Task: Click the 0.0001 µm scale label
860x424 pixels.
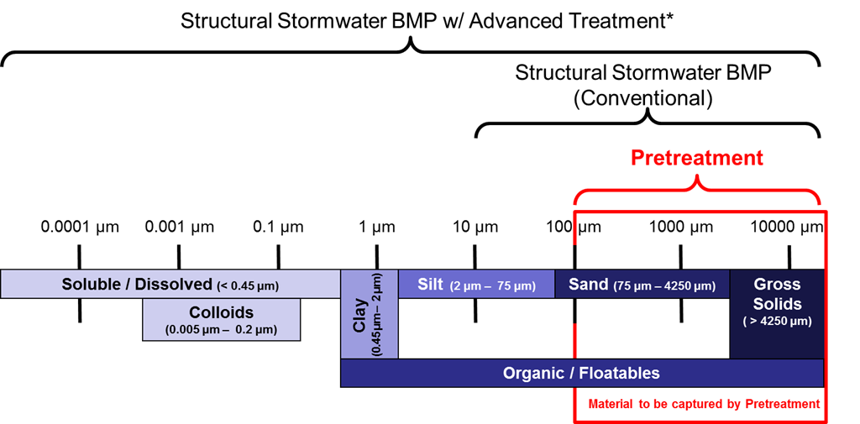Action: coord(79,228)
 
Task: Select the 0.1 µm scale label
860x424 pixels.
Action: coord(278,228)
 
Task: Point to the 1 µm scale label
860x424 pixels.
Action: coord(375,228)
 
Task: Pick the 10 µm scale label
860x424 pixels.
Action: coord(475,228)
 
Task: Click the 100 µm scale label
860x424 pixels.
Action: coord(574,228)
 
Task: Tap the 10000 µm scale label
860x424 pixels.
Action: coord(787,228)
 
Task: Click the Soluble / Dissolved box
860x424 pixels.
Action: coord(170,285)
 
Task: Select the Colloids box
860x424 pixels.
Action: coord(222,320)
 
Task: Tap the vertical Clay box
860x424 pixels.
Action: coord(369,314)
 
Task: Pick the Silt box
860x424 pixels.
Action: coord(476,285)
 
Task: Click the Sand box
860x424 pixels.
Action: coord(642,285)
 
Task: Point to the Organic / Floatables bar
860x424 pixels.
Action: coord(581,373)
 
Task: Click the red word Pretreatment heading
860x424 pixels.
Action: coord(697,158)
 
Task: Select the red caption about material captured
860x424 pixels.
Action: coord(704,405)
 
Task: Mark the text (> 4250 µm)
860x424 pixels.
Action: coord(777,322)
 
